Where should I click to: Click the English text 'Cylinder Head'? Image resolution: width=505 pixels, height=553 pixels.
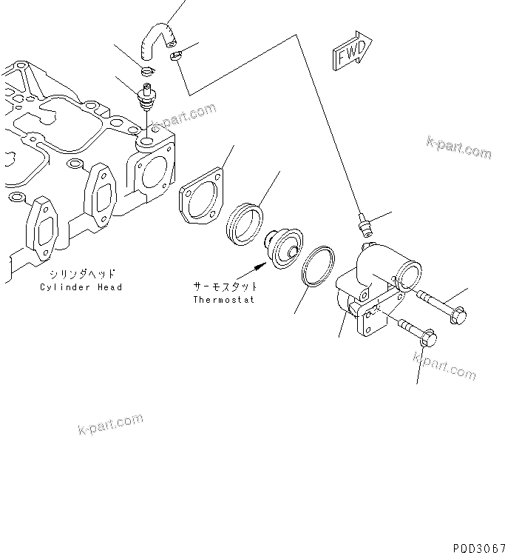pyautogui.click(x=81, y=287)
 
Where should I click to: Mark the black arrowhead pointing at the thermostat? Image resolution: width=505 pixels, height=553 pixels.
pyautogui.click(x=260, y=262)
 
